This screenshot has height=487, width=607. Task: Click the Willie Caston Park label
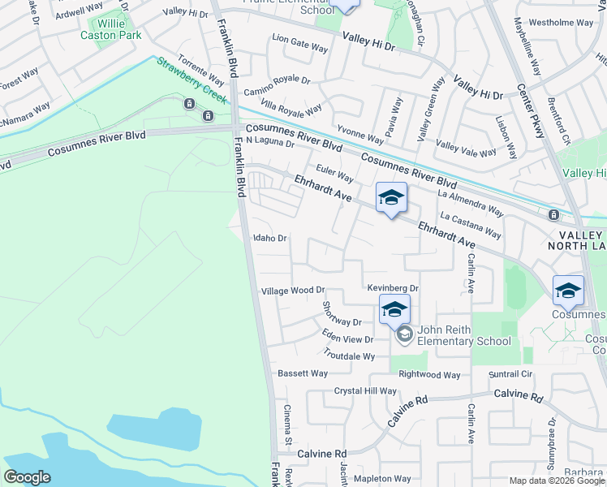click(110, 29)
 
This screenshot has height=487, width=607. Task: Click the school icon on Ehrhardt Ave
click(391, 197)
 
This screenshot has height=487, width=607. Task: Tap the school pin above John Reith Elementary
click(394, 310)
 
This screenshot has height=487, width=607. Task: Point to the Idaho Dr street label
click(270, 239)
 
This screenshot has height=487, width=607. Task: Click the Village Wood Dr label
click(292, 291)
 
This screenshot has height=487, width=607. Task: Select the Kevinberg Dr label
click(392, 288)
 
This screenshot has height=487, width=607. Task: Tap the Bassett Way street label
click(303, 374)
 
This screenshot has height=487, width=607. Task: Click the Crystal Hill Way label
click(365, 391)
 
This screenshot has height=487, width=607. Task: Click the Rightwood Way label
click(429, 375)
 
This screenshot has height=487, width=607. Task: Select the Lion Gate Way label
click(300, 43)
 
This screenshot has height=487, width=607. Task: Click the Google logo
click(27, 477)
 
